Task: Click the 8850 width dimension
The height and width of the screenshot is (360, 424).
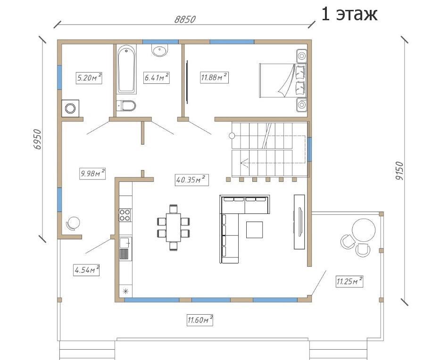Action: coord(185,19)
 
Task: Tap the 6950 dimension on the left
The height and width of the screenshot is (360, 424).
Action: coord(38,139)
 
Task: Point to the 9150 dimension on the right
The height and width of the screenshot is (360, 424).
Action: coord(399,171)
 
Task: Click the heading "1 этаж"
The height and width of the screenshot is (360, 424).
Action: coord(349,14)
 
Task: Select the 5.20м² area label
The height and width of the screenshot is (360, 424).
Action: coord(89,78)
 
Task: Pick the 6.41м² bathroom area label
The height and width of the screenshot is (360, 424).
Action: coord(156,78)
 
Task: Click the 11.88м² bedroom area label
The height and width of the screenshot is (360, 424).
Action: coord(214,77)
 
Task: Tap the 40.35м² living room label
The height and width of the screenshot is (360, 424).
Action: coord(191,180)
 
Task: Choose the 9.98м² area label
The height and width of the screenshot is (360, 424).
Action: coord(92,173)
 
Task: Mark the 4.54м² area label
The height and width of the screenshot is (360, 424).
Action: coord(86,270)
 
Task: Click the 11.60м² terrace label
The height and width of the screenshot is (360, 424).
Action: coord(200,320)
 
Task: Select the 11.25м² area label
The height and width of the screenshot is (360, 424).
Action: coord(349,281)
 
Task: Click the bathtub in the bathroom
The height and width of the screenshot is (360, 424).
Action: coord(126,69)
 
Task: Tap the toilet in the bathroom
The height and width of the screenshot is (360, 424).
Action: coord(126,106)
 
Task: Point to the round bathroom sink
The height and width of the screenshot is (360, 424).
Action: coord(160,50)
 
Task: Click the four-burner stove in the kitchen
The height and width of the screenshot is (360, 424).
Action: coord(125,215)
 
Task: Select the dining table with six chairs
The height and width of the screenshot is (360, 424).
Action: coord(174,228)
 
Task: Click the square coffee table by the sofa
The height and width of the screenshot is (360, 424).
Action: coord(254,229)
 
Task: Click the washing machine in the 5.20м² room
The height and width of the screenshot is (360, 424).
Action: coord(70,108)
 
